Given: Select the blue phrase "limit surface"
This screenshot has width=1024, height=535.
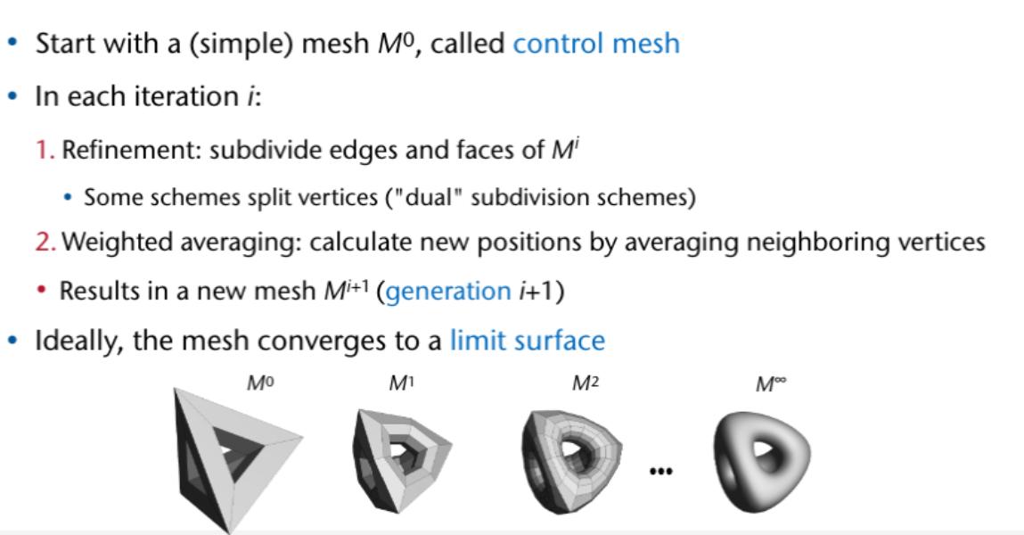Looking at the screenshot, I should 527,340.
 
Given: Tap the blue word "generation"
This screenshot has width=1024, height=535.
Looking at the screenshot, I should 443,291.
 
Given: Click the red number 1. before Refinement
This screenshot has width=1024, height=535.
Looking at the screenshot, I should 45,150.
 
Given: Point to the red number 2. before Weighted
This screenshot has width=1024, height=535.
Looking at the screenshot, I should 46,242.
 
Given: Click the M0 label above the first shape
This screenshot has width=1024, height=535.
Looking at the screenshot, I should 258,384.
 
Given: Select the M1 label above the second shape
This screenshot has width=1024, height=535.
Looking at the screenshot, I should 398,384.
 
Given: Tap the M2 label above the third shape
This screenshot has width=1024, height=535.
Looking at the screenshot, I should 585,384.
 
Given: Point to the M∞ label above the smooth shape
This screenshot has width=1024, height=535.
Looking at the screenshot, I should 770,384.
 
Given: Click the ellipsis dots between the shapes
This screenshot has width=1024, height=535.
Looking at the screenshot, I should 660,470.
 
